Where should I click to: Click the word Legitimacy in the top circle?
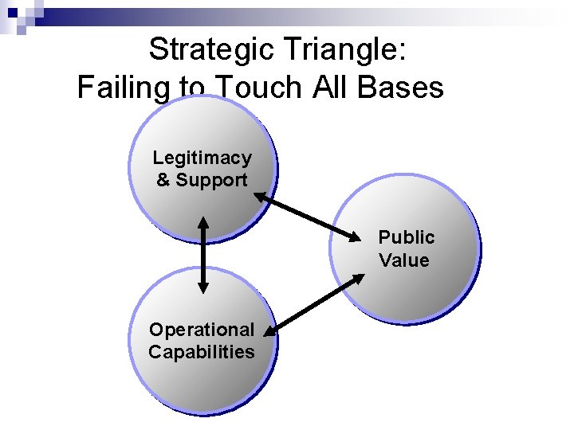(x=202, y=158)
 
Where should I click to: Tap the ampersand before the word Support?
(x=163, y=180)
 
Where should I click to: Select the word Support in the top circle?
(x=211, y=180)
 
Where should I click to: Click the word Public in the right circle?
(x=406, y=237)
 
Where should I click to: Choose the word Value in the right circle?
(x=404, y=260)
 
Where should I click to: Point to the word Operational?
(x=202, y=329)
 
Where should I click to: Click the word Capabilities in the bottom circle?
(x=202, y=351)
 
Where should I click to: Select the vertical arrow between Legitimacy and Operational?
(x=202, y=255)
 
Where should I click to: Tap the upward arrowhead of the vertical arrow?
(x=202, y=223)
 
